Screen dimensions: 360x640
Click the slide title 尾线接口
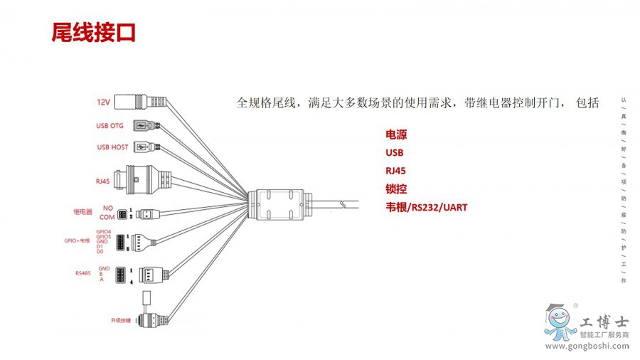pos(93,33)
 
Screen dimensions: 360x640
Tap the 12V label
pos(104,102)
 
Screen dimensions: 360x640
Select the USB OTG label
pos(110,126)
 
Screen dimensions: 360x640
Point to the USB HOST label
pos(112,147)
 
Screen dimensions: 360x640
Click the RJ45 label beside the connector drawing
pos(102,181)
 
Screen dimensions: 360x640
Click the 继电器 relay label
pos(82,212)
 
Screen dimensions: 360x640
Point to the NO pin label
pos(108,208)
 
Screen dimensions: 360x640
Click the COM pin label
pos(107,216)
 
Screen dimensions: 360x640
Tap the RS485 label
pos(83,272)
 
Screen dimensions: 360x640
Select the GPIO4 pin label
pos(104,231)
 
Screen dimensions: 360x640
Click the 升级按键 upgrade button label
pos(121,320)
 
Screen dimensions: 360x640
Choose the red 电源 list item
pos(396,134)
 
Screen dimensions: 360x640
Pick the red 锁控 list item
pos(396,189)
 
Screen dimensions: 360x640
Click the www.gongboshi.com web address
pos(587,346)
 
